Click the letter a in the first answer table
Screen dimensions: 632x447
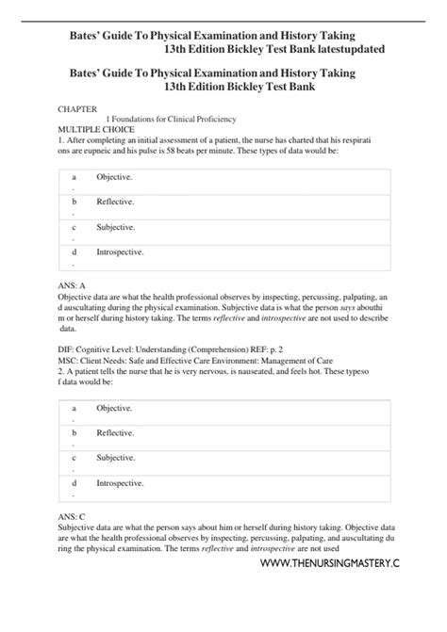(x=74, y=176)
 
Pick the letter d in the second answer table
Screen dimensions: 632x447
(x=74, y=483)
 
